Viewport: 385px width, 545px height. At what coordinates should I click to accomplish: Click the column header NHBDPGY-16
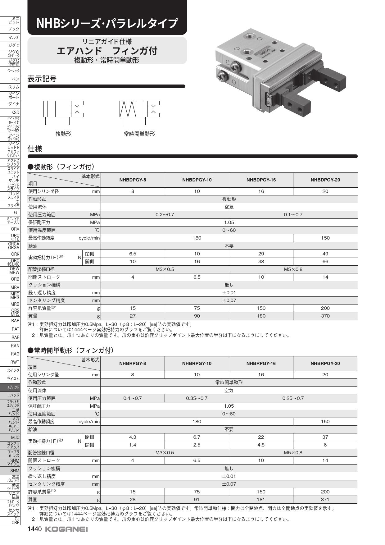tap(261, 180)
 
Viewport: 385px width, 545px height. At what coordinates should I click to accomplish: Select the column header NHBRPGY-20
tap(325, 363)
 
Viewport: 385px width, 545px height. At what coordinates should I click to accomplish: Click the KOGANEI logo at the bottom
tap(66, 529)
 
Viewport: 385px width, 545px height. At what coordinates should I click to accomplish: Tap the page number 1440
tap(35, 529)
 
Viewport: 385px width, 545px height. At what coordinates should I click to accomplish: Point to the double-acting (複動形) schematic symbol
tap(63, 109)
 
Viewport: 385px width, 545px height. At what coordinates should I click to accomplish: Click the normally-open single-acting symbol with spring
tap(139, 109)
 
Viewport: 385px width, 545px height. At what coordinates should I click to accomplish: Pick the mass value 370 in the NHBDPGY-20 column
tap(325, 316)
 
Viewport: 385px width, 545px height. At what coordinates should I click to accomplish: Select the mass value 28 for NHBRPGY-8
tap(133, 500)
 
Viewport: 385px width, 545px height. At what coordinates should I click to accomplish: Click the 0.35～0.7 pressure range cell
tap(197, 398)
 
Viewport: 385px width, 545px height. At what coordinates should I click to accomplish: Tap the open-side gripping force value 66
tap(325, 262)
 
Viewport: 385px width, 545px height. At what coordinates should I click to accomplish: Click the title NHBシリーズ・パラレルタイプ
tap(107, 23)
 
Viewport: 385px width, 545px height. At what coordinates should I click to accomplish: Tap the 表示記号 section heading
tap(42, 79)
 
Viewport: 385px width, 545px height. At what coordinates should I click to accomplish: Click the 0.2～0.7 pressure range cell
tap(165, 215)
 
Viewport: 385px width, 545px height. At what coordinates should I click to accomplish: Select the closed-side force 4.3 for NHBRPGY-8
tap(133, 437)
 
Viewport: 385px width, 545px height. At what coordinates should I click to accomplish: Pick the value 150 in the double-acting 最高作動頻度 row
tap(325, 238)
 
